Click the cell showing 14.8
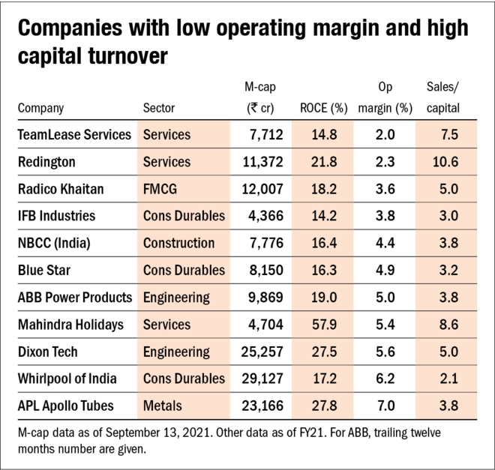(x=323, y=135)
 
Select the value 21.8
(x=323, y=162)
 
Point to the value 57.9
(x=323, y=325)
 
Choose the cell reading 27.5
(x=323, y=352)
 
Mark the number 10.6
(x=445, y=162)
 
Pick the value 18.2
(x=323, y=189)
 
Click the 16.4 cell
(x=323, y=243)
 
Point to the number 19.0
(x=323, y=298)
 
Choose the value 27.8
(x=323, y=406)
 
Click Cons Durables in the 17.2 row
(x=184, y=379)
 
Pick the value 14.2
(x=323, y=216)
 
